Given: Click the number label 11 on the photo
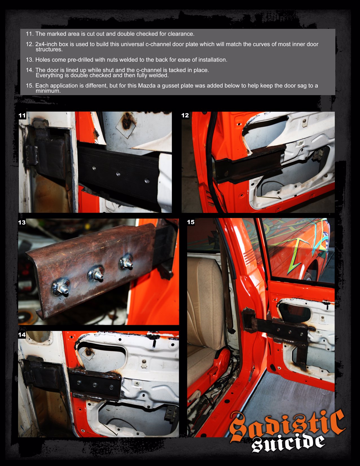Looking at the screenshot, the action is (x=22, y=116).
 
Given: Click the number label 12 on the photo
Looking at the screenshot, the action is (x=185, y=116).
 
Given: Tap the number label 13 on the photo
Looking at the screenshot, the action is (x=22, y=222).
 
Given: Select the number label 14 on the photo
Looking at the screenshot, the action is (x=22, y=335).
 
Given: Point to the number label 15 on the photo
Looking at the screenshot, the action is (x=191, y=222).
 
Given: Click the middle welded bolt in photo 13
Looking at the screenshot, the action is (x=96, y=273).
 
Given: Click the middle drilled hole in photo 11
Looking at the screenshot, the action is (x=118, y=174).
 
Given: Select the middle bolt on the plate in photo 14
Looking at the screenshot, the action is (x=95, y=385).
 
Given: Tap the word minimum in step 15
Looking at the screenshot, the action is (x=48, y=91).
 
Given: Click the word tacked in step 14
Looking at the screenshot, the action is (x=177, y=70).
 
